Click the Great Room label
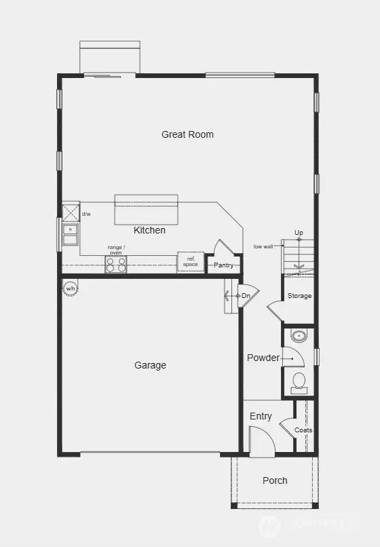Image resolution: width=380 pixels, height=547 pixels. click(187, 134)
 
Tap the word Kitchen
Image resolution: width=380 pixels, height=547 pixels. click(149, 230)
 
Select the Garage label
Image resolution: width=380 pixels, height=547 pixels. click(150, 365)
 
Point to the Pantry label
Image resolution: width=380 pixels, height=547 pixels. click(224, 265)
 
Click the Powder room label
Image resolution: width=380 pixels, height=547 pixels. click(263, 358)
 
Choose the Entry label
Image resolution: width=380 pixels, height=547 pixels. click(261, 416)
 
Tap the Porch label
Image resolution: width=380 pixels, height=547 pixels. click(275, 480)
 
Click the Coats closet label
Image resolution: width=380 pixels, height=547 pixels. click(303, 430)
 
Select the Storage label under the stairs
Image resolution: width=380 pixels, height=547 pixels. click(299, 296)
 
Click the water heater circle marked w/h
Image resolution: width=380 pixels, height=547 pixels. click(70, 289)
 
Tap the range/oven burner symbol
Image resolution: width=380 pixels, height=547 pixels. click(115, 264)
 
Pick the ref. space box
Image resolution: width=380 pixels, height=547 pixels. click(191, 262)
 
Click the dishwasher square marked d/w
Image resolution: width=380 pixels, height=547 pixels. click(71, 212)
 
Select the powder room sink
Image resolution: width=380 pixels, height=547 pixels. click(299, 335)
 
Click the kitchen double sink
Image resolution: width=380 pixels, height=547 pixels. click(70, 235)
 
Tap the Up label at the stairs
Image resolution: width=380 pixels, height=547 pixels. click(299, 233)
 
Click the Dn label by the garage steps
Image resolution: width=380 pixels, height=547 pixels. click(245, 296)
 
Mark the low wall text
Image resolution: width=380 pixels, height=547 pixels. click(263, 246)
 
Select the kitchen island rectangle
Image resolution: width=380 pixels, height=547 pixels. click(146, 210)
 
